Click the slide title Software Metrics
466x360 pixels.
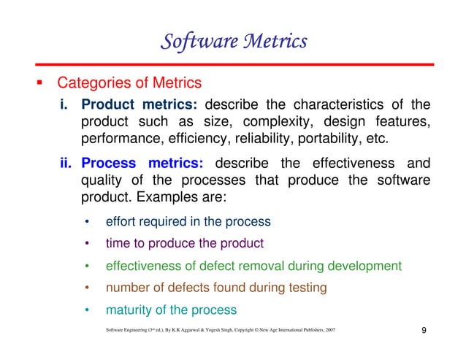(233, 42)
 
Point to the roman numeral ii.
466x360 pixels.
(67, 164)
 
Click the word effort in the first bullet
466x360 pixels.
(122, 221)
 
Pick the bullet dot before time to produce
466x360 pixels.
(87, 243)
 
